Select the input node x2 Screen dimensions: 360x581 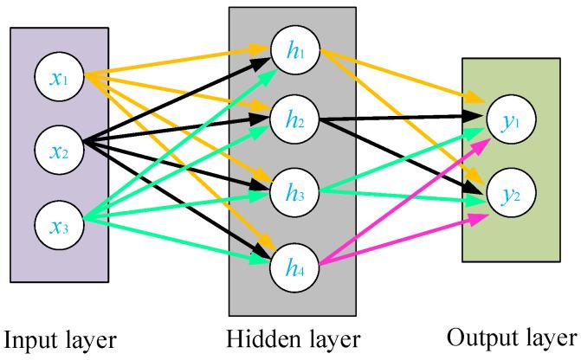[58, 151]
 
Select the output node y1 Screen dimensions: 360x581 [509, 122]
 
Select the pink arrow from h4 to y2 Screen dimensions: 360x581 [398, 241]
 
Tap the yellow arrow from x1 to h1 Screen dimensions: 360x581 [173, 61]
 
